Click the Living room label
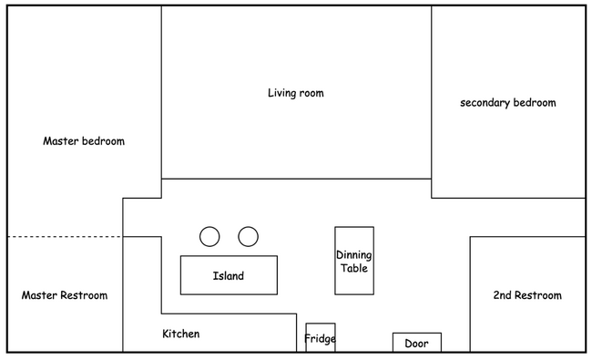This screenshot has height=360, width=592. point(296,93)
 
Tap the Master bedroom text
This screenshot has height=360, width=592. point(84,141)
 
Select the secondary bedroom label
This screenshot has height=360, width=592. point(508,102)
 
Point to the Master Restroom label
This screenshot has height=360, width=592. point(65,295)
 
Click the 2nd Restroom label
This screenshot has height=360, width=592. point(527,295)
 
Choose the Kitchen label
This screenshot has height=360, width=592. point(181,334)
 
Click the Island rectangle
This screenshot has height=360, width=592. point(229,275)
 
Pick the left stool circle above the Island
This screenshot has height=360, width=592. point(209,237)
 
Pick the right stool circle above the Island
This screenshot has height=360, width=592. point(248,237)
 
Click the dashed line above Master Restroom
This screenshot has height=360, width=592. point(65,237)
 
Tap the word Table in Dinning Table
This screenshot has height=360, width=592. point(354,268)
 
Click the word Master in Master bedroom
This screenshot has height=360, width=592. point(61,141)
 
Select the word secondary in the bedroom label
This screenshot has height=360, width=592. point(485,103)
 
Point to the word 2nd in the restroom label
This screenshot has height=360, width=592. point(502,295)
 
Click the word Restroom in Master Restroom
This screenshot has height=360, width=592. point(84,295)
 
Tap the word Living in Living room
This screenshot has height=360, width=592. point(280,93)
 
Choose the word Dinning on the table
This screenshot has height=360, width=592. point(354,255)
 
